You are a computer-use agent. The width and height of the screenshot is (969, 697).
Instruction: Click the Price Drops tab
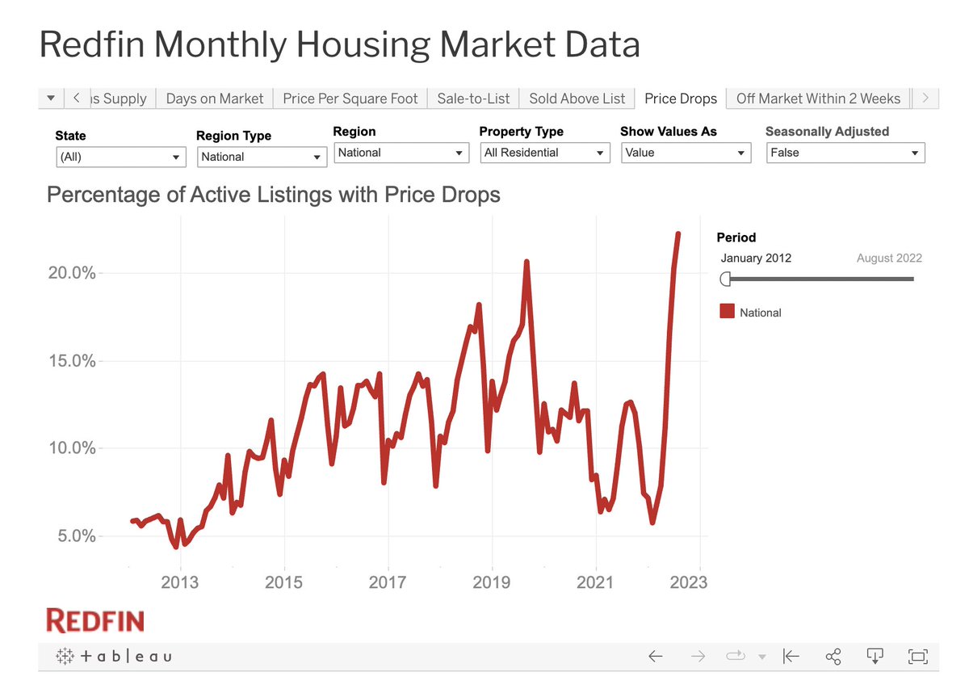click(680, 99)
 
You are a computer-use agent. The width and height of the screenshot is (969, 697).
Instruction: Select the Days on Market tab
click(214, 99)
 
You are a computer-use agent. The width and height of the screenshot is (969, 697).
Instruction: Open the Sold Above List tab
click(577, 99)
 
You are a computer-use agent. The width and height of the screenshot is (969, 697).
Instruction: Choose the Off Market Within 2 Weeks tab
click(818, 99)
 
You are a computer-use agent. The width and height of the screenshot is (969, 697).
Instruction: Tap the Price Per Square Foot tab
click(350, 99)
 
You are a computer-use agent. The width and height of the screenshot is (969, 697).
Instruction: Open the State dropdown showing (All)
click(120, 157)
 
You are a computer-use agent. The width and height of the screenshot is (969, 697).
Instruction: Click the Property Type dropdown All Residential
click(544, 153)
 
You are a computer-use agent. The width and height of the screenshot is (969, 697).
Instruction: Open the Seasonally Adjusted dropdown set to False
click(845, 153)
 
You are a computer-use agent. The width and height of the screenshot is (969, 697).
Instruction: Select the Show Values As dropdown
click(686, 153)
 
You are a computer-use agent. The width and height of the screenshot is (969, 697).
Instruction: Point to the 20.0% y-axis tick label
click(72, 273)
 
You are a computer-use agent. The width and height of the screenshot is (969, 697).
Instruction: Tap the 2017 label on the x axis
click(388, 582)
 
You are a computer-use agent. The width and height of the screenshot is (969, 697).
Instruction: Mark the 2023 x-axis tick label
click(688, 582)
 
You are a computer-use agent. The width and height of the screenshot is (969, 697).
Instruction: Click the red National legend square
click(727, 313)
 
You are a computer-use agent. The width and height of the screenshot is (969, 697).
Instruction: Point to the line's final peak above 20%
click(677, 234)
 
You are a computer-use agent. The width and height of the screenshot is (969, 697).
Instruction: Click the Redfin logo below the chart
click(95, 621)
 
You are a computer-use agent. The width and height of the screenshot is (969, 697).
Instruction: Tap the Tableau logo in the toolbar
click(113, 657)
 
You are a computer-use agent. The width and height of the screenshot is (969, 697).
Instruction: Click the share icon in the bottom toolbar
click(833, 657)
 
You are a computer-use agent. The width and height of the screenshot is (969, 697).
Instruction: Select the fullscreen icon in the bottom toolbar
click(917, 657)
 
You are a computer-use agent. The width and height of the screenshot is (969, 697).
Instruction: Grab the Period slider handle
click(725, 279)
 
